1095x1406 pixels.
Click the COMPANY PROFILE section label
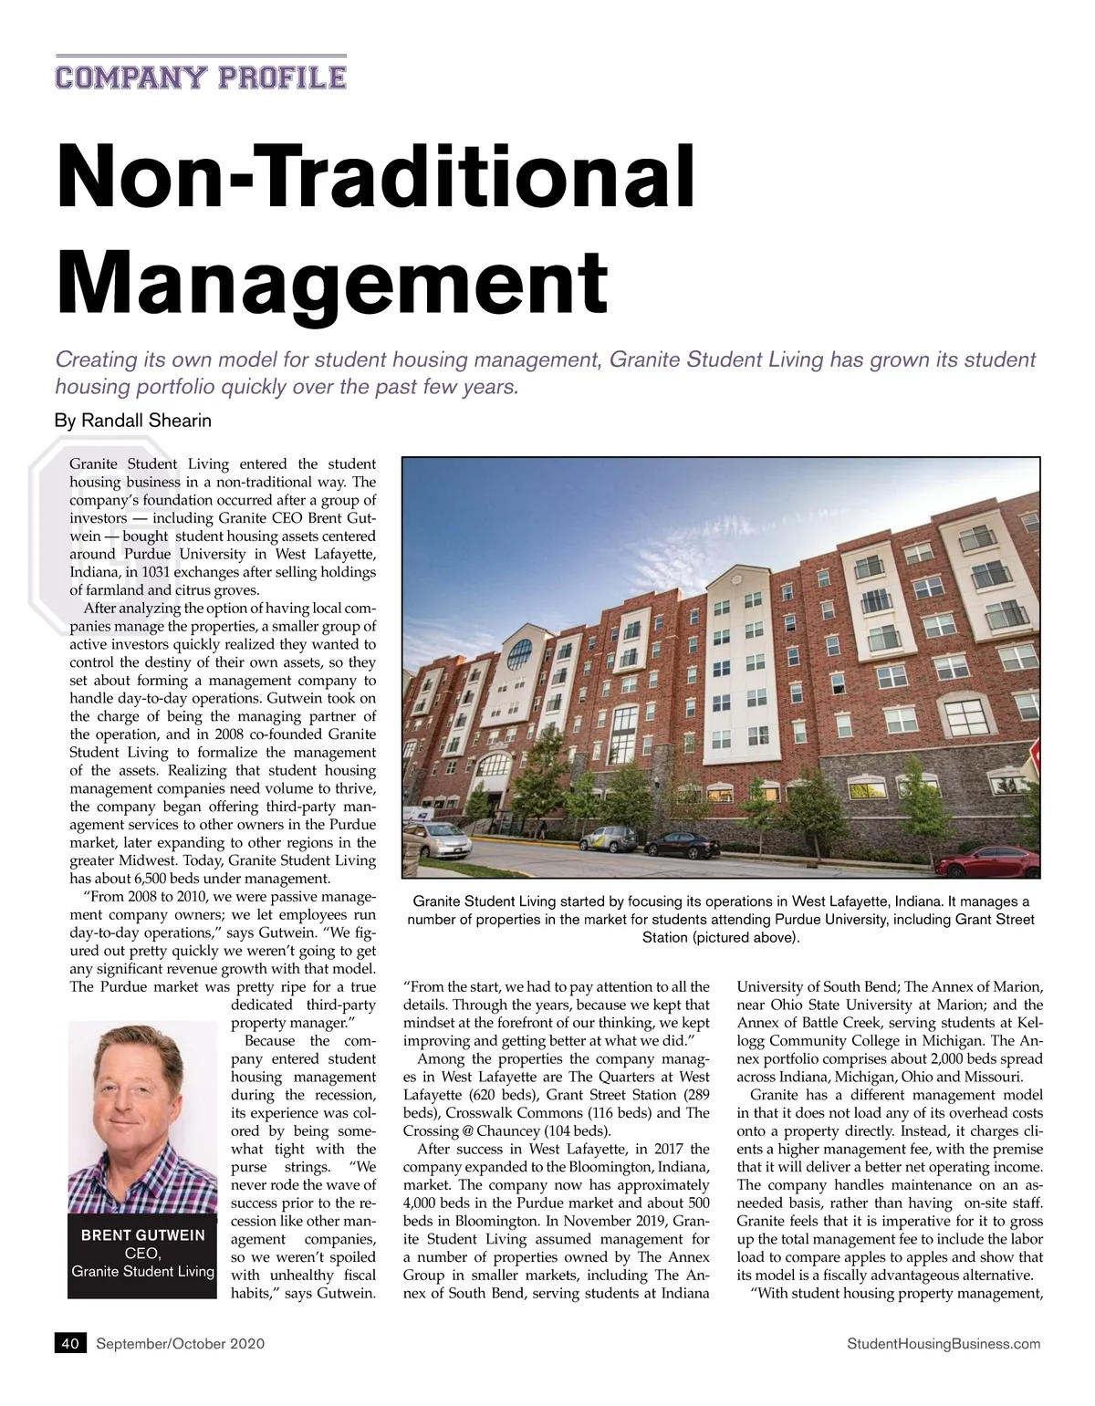point(201,77)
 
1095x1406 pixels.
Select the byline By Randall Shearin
point(133,421)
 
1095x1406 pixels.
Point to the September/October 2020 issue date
point(180,1343)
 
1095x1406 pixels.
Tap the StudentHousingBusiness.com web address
point(944,1343)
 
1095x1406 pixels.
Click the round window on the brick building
point(519,653)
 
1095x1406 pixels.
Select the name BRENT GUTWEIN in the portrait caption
point(143,1235)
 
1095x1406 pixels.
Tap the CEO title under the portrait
point(142,1253)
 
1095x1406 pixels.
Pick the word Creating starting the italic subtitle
point(96,359)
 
